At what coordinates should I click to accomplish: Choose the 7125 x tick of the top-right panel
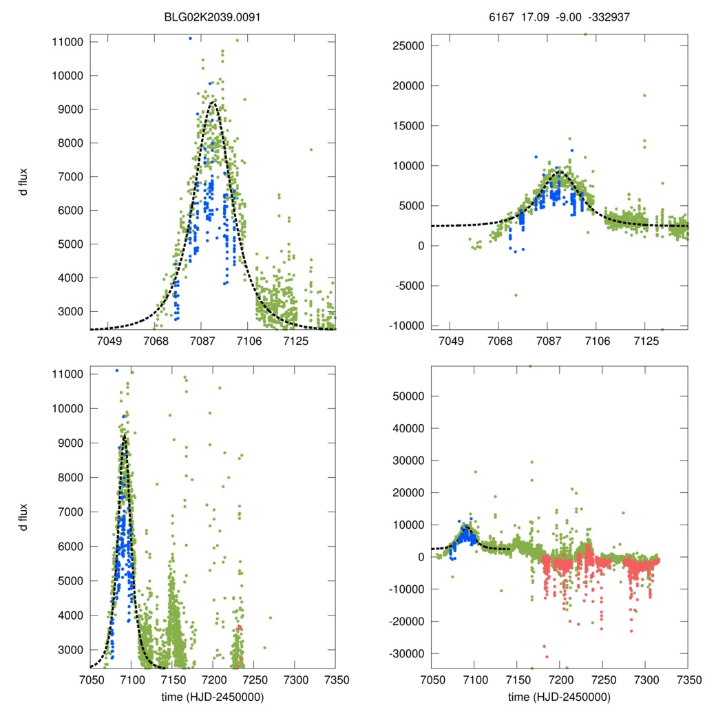tap(646, 341)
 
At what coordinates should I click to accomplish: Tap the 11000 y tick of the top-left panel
tap(67, 42)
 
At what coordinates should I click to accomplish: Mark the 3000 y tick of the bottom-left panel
tap(70, 650)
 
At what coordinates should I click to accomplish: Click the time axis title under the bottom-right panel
tap(559, 696)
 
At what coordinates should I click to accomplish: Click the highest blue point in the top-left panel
tap(190, 39)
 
